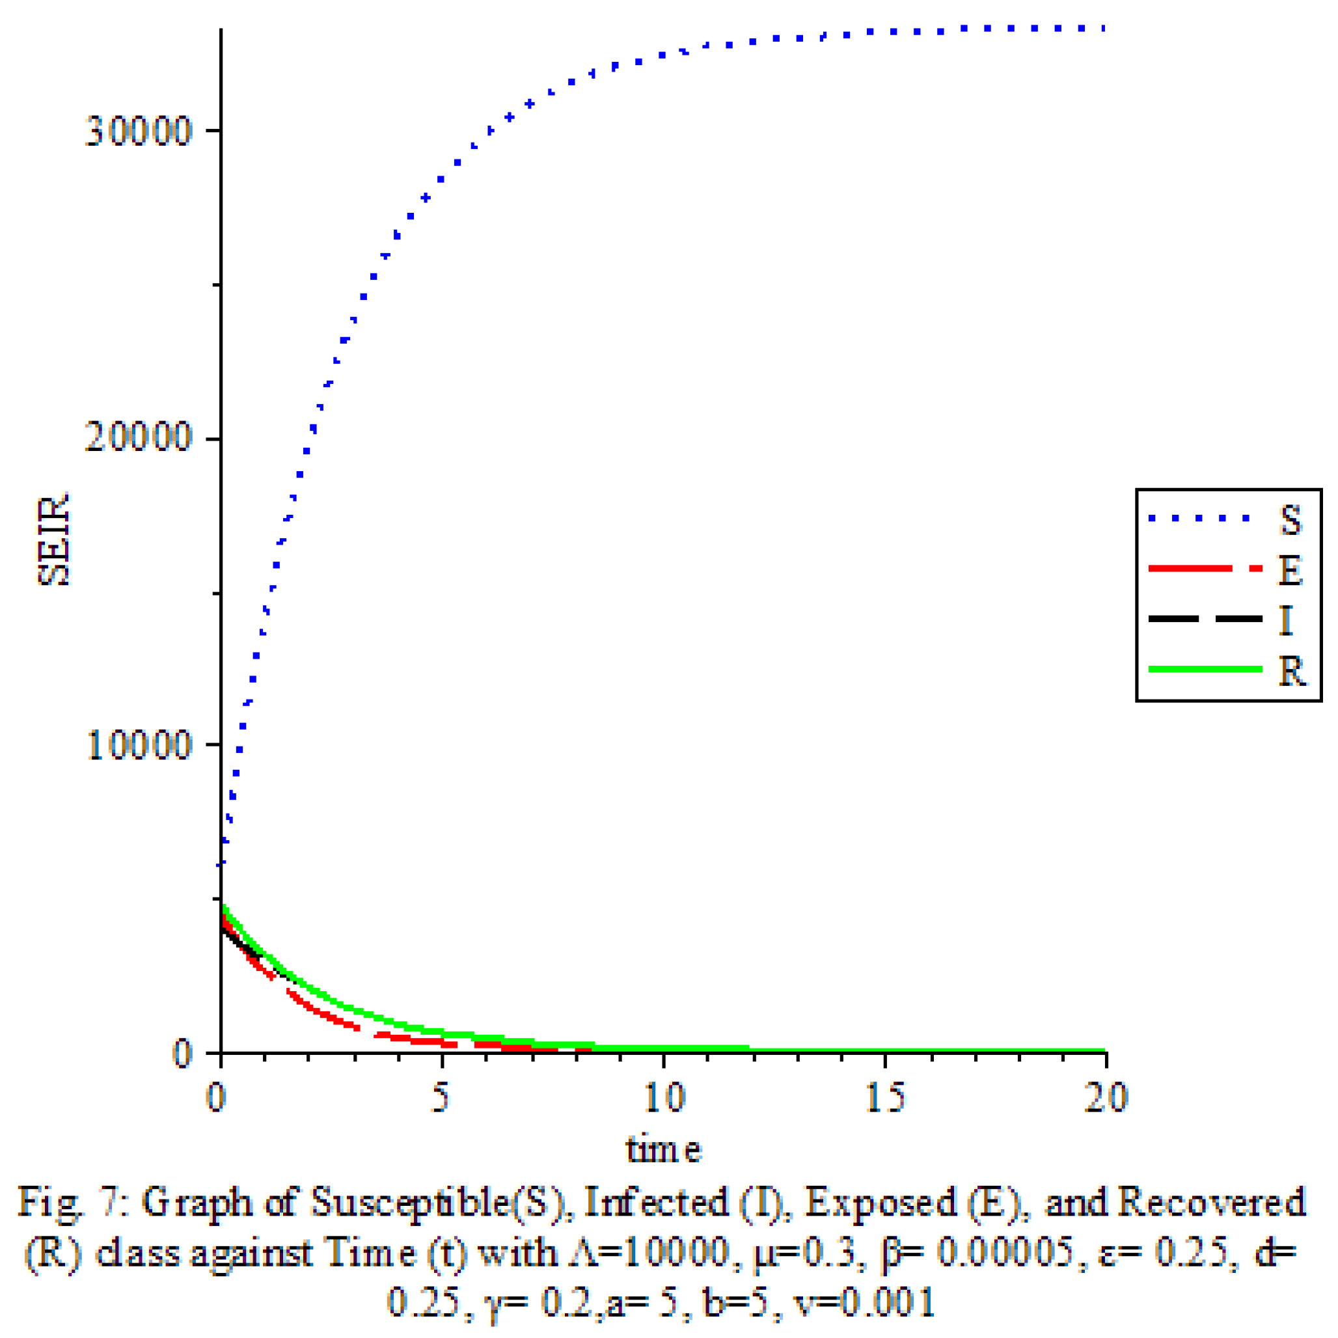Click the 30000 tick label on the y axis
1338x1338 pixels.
tap(138, 131)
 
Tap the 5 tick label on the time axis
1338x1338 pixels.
tap(440, 1098)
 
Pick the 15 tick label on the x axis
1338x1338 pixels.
tap(885, 1098)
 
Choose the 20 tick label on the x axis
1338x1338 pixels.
tap(1106, 1098)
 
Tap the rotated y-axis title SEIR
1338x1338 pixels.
tap(54, 539)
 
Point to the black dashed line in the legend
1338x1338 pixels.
tap(1205, 618)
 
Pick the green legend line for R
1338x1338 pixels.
tap(1205, 668)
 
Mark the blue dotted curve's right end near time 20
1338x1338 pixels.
tap(1102, 29)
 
